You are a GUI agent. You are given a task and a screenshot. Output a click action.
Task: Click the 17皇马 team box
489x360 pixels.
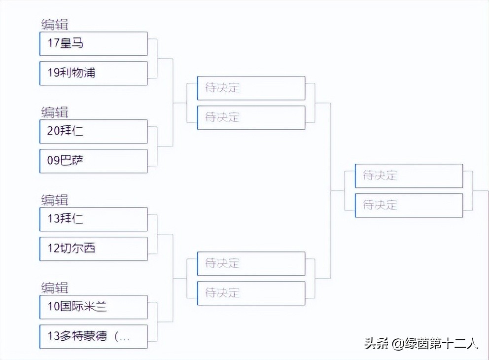pos(94,44)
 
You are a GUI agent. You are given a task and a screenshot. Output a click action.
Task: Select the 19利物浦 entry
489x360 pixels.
pos(94,73)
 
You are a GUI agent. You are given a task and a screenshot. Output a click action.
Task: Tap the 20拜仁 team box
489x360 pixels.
pos(94,131)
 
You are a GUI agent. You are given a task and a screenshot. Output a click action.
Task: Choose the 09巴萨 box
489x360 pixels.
pos(94,161)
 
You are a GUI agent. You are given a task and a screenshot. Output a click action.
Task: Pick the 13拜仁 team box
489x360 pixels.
pos(94,219)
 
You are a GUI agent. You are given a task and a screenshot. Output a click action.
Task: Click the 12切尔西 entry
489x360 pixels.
pos(94,249)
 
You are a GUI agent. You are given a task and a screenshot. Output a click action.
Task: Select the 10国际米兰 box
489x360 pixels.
pos(94,307)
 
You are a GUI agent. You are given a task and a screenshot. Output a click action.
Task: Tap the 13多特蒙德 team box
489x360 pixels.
pos(94,337)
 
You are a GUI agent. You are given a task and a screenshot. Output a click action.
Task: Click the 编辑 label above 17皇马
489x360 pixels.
pos(55,25)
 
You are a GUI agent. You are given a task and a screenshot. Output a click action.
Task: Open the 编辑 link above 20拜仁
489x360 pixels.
pos(55,112)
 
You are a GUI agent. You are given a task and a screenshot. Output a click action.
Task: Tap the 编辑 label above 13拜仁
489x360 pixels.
pos(55,200)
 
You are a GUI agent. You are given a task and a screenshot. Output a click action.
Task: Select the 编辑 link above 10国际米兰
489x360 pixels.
pos(55,288)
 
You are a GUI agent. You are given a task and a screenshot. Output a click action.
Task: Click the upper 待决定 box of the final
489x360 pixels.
pos(409,176)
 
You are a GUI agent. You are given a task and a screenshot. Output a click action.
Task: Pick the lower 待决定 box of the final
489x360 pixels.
pos(409,205)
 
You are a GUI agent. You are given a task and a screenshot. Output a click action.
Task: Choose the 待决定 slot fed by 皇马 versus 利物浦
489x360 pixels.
pos(251,88)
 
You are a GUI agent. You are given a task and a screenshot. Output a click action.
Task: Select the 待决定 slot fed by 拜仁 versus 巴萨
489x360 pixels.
pos(251,117)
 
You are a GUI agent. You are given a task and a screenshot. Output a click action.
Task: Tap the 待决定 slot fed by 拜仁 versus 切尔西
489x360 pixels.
pos(251,264)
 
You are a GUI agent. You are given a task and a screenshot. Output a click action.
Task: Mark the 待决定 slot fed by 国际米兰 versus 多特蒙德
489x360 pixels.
pos(251,293)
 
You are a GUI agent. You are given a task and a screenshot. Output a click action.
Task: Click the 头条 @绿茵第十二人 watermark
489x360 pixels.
pos(421,343)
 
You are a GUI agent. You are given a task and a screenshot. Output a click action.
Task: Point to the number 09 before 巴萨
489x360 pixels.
pos(53,161)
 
